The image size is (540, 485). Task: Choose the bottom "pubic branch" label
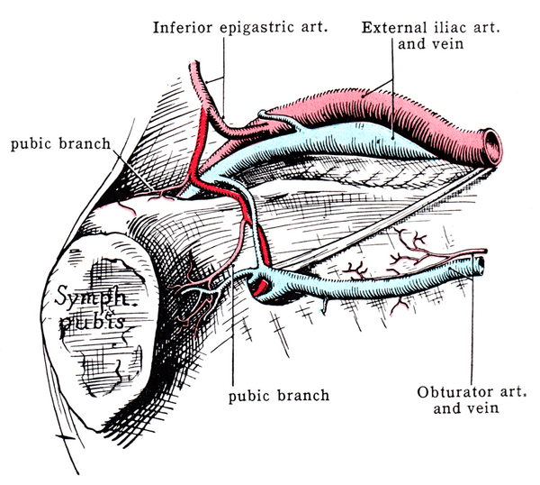pos(279,395)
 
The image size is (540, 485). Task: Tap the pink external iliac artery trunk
pos(396,108)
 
